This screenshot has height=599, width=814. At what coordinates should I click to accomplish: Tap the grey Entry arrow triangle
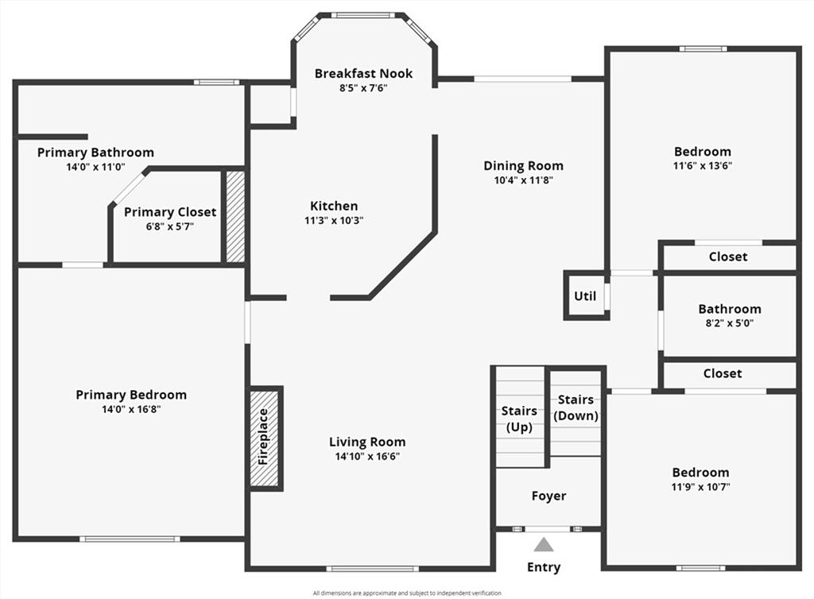(544, 545)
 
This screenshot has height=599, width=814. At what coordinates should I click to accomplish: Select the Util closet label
(585, 296)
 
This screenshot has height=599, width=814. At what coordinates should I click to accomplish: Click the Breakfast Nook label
(363, 74)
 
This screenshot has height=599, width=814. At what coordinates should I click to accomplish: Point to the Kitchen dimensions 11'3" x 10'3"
(334, 221)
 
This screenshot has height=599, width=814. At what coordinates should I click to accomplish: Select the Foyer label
(548, 496)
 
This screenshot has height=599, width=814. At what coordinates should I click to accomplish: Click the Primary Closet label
(170, 212)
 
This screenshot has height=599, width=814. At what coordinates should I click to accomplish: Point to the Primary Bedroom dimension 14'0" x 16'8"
(131, 409)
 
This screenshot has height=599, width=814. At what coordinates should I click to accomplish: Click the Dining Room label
(523, 166)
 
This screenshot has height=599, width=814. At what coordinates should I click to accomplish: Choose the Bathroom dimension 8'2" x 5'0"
(729, 323)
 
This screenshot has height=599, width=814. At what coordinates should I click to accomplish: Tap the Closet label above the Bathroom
(727, 257)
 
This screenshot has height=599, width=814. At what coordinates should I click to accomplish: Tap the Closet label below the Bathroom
(722, 373)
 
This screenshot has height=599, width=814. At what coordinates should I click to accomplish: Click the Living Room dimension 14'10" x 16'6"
(367, 457)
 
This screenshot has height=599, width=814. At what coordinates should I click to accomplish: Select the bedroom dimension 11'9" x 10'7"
(700, 486)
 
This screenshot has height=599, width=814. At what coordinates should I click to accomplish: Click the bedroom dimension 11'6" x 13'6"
(702, 166)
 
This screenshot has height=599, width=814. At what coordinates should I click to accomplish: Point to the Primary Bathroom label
(95, 153)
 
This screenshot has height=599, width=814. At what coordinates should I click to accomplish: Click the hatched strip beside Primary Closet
(235, 216)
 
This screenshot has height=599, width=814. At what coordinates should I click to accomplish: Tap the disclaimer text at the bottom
(407, 593)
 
